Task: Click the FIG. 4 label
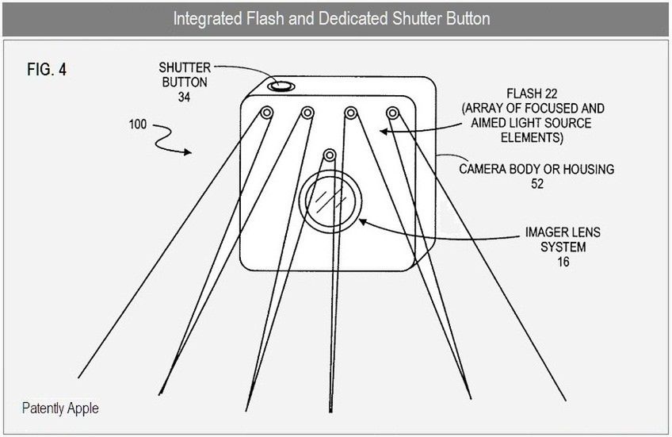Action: [46, 69]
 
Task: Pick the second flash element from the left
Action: [307, 113]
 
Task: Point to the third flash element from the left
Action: [349, 113]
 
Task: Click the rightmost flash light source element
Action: [391, 113]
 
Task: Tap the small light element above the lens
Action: [329, 153]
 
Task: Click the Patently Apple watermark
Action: [61, 409]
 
